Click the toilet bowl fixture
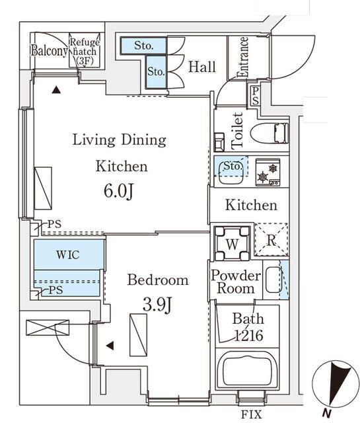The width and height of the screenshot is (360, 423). click(x=269, y=133)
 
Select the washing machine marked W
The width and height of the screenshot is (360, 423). click(x=232, y=244)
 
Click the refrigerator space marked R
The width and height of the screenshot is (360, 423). click(x=271, y=239)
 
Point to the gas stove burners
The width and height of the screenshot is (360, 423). click(x=268, y=173)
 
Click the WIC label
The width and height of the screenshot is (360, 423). click(x=67, y=254)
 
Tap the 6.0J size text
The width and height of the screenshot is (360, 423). click(x=119, y=191)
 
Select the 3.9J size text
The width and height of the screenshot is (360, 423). click(x=157, y=305)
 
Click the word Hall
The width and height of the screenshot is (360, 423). click(x=202, y=67)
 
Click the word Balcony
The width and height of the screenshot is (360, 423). click(x=49, y=50)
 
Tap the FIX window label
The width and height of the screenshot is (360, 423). click(x=251, y=414)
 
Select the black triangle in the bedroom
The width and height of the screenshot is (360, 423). click(x=110, y=346)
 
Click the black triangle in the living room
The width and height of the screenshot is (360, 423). click(x=56, y=90)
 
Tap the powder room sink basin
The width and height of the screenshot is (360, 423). click(x=273, y=280)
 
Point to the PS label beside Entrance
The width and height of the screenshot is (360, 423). click(x=256, y=96)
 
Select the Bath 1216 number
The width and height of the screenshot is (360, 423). click(x=248, y=335)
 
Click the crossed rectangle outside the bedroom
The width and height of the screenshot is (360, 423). click(x=48, y=328)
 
